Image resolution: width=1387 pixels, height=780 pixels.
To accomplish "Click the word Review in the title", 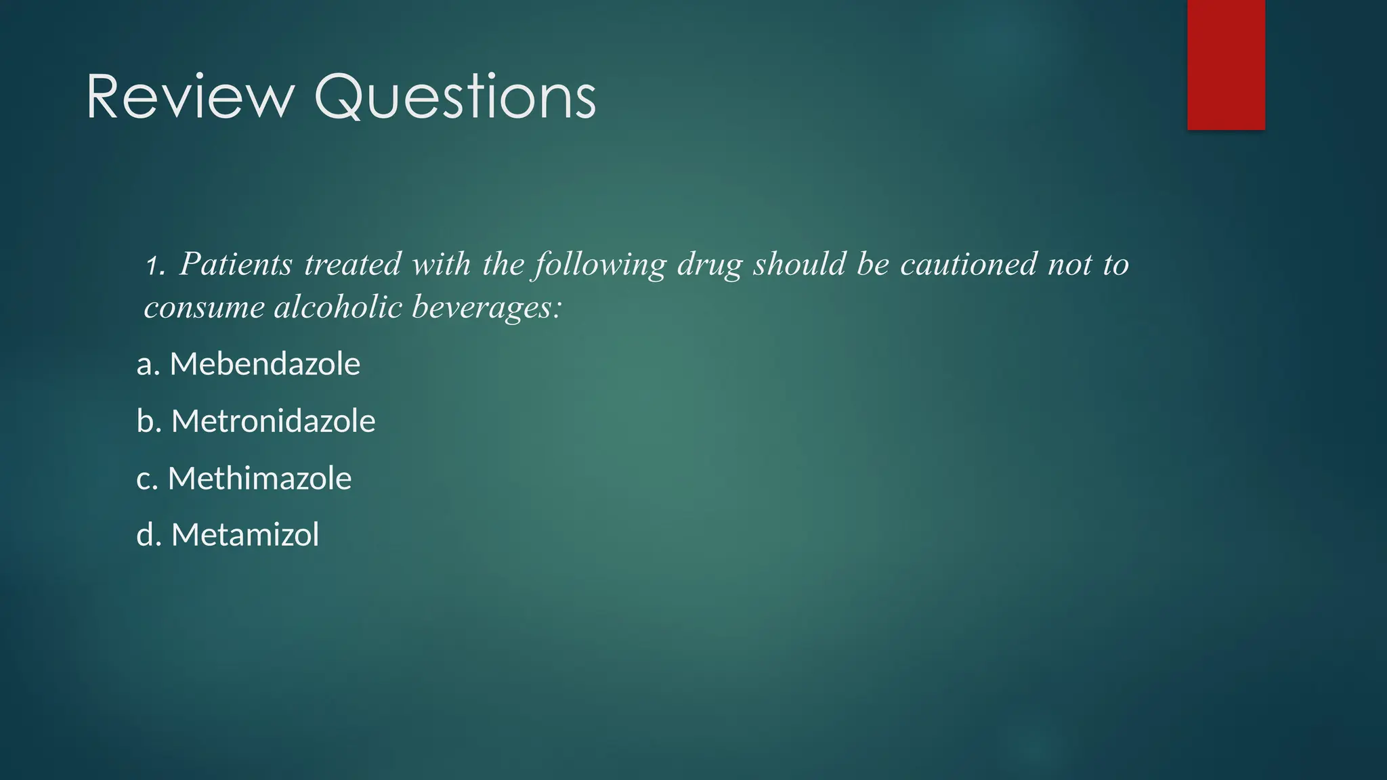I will [x=190, y=97].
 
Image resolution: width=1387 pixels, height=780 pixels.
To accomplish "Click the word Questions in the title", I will [x=455, y=99].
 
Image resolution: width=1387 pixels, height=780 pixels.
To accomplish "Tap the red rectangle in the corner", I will [x=1226, y=64].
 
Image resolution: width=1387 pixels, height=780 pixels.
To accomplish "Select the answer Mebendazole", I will [x=265, y=364].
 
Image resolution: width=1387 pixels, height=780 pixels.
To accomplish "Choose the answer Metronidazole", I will [x=273, y=421].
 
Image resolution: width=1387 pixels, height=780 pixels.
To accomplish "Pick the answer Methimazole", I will [x=259, y=479].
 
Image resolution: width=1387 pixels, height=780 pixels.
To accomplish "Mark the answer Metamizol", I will [x=245, y=535].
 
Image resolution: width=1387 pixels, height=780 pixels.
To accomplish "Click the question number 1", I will [x=154, y=265].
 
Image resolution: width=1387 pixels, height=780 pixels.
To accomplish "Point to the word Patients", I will [x=236, y=264].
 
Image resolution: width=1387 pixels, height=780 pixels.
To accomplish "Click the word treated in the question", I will [x=352, y=264].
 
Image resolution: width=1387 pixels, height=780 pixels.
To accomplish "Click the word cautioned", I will [x=968, y=264].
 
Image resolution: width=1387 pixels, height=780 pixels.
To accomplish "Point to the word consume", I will [x=204, y=308].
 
